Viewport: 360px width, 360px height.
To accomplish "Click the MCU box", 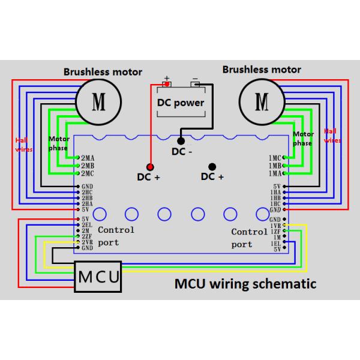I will click(x=98, y=277).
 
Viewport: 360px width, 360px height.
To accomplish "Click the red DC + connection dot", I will click(x=149, y=166).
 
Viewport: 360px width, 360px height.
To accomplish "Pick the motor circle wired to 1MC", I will click(x=261, y=100).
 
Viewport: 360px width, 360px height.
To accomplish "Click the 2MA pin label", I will click(x=87, y=158).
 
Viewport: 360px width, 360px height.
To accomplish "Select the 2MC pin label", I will click(x=87, y=173).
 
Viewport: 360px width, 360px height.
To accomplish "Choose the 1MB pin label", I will click(x=275, y=165).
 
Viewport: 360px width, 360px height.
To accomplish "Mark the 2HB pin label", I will click(x=87, y=197).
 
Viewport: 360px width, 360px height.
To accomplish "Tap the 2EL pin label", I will click(x=87, y=224).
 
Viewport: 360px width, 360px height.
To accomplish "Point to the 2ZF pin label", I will click(x=87, y=236).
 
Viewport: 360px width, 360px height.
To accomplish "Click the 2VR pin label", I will click(x=87, y=242).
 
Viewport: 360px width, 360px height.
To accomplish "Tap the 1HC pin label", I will click(x=275, y=203).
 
